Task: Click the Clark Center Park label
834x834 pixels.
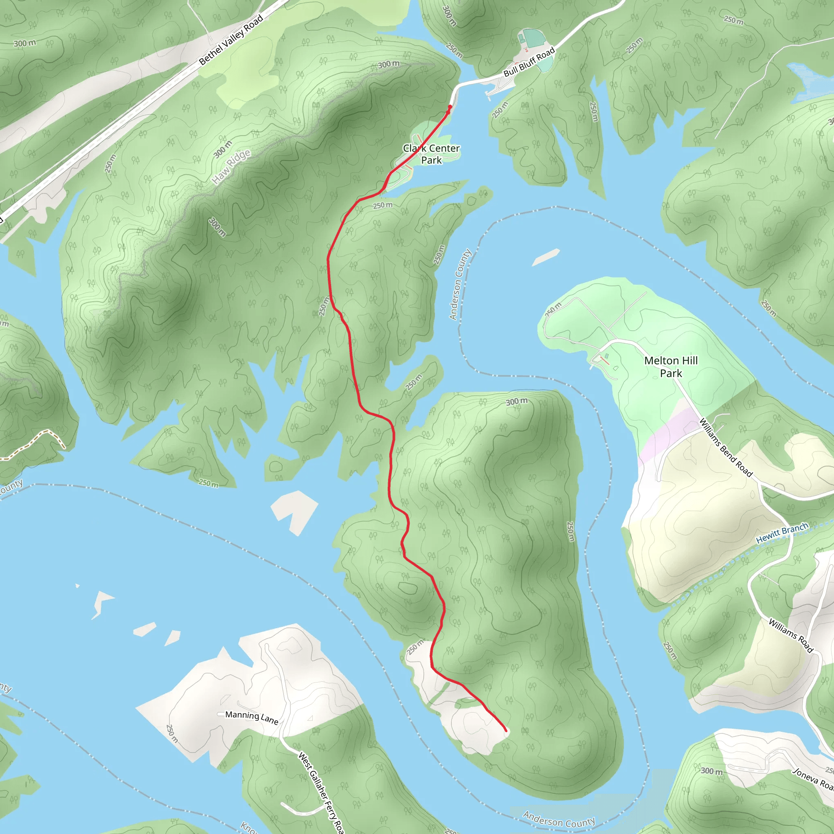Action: (431, 154)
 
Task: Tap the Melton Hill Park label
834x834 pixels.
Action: (671, 367)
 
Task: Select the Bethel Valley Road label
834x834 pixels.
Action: (231, 40)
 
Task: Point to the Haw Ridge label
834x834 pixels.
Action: (231, 167)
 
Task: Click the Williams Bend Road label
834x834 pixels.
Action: (726, 448)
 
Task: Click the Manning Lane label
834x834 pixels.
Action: (252, 717)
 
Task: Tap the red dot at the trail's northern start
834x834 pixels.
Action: (450, 107)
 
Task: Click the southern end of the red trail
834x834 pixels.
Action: (506, 731)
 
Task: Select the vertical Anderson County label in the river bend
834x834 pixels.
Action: (460, 285)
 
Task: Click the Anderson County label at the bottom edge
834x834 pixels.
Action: (559, 819)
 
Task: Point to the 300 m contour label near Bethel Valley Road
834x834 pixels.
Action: (24, 43)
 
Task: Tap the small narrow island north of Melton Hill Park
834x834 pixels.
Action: (546, 257)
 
